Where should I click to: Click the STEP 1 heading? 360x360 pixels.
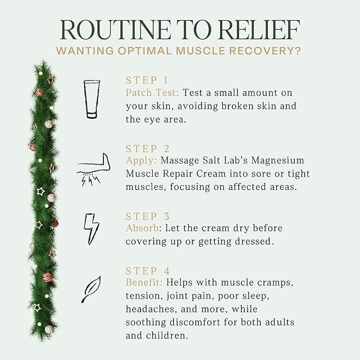click(147, 81)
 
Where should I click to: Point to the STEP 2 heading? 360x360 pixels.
click(147, 149)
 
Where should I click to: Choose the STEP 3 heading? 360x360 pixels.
click(147, 216)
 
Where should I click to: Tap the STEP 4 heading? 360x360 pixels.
click(147, 271)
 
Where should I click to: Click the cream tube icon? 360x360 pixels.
click(92, 99)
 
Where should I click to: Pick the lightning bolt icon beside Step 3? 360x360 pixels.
click(91, 229)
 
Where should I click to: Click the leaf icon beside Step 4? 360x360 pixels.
click(91, 289)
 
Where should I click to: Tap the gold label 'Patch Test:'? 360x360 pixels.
click(152, 93)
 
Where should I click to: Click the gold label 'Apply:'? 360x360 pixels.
click(141, 161)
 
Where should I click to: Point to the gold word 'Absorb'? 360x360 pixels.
click(142, 228)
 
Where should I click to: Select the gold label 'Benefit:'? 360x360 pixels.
click(144, 282)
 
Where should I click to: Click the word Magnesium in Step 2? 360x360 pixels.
click(278, 161)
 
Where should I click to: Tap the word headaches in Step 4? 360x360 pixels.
click(152, 309)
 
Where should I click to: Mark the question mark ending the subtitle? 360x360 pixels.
click(298, 51)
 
